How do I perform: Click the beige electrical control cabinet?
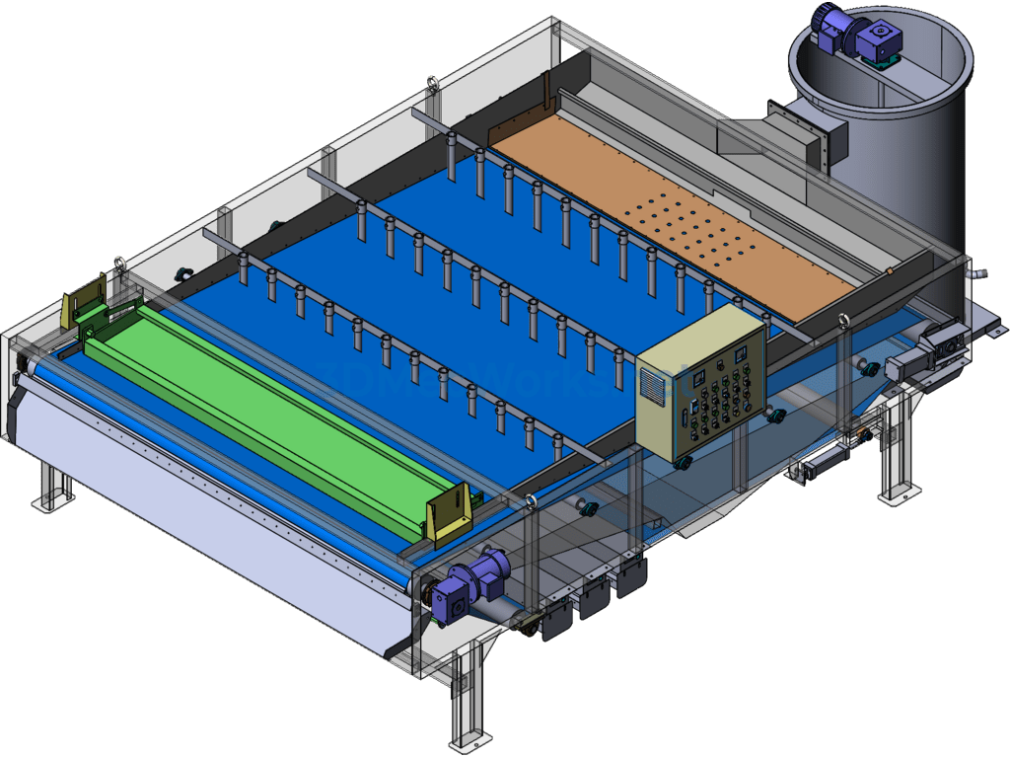tap(699, 387)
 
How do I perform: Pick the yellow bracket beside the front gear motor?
tap(450, 513)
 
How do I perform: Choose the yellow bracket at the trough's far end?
tap(84, 300)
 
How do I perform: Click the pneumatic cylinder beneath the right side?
tap(825, 459)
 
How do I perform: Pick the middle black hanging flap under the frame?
tap(595, 597)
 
